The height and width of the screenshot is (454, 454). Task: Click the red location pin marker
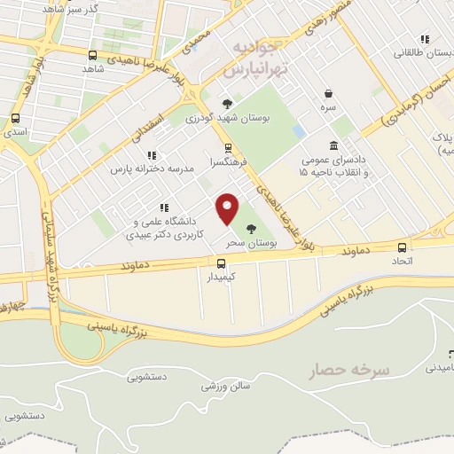(x=229, y=207)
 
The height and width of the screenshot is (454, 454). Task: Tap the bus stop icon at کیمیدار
(x=222, y=262)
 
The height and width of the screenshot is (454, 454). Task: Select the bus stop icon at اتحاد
(x=403, y=247)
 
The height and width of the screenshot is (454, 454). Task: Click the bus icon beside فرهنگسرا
(x=228, y=148)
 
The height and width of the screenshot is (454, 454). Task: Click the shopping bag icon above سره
(x=329, y=93)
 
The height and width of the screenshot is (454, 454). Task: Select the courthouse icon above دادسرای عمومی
(x=333, y=145)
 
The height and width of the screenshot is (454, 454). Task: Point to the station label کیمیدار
(x=222, y=277)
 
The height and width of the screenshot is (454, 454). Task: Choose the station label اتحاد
(x=403, y=262)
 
